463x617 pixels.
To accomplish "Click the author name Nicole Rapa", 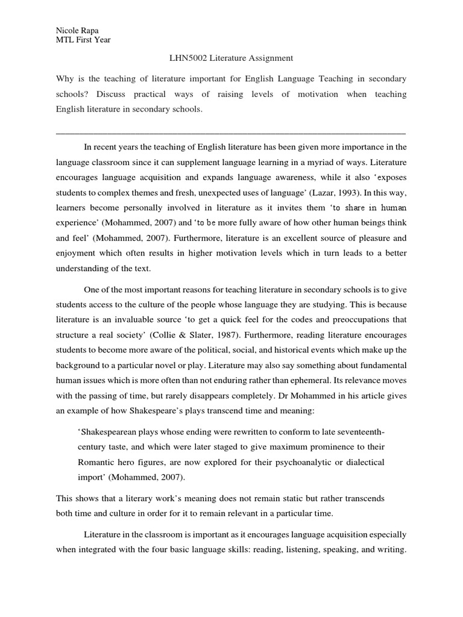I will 76,30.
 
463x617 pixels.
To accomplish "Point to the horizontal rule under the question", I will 231,133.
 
